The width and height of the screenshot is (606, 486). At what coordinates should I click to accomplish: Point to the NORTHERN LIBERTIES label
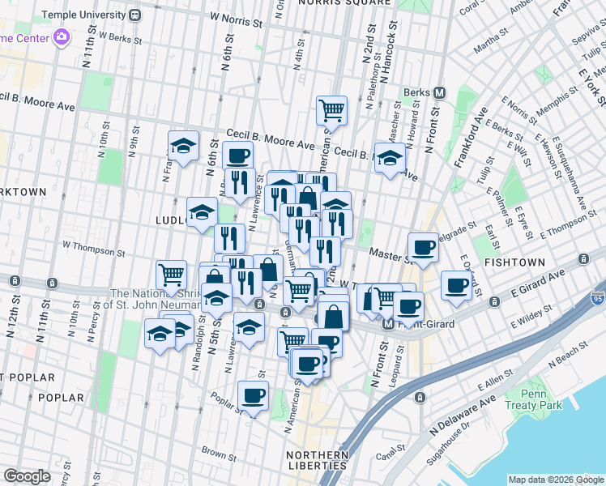pyautogui.click(x=318, y=459)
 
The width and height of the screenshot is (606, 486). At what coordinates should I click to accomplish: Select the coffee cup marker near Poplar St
pyautogui.click(x=253, y=396)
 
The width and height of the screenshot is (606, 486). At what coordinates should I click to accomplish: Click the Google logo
pyautogui.click(x=27, y=475)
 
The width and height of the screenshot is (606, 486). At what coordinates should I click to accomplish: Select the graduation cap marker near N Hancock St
pyautogui.click(x=390, y=157)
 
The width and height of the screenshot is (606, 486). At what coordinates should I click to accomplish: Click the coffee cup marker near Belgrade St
pyautogui.click(x=422, y=247)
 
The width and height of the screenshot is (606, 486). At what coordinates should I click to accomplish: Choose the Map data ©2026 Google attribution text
pyautogui.click(x=555, y=479)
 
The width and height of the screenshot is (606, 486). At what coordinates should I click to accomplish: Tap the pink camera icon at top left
pyautogui.click(x=60, y=37)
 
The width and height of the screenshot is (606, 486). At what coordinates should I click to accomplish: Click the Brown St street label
pyautogui.click(x=218, y=452)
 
